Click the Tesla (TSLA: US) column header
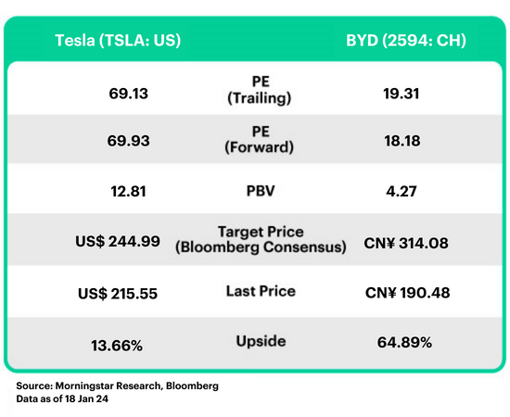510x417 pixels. tap(118, 41)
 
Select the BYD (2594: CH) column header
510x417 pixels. tap(406, 41)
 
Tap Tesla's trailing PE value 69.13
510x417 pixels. tap(129, 94)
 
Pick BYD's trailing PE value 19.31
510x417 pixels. tap(401, 94)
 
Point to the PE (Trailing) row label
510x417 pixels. tap(260, 90)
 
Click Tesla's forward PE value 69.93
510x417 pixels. tap(129, 141)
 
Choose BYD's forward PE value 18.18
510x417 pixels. tap(402, 141)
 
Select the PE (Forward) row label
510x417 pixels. tap(260, 139)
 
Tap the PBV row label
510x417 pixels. tap(261, 191)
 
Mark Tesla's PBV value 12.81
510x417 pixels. tap(128, 191)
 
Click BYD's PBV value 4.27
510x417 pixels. tap(402, 191)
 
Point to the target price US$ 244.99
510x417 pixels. tap(118, 242)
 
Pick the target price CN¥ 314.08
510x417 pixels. tap(406, 243)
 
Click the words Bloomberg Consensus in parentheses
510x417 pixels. tap(261, 247)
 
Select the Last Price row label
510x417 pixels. tap(261, 291)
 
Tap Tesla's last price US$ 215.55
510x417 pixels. tap(118, 294)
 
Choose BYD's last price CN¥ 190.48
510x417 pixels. tap(408, 293)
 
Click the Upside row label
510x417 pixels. tap(261, 341)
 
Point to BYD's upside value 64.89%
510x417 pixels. tap(404, 342)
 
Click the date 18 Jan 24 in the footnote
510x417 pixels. tap(86, 398)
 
